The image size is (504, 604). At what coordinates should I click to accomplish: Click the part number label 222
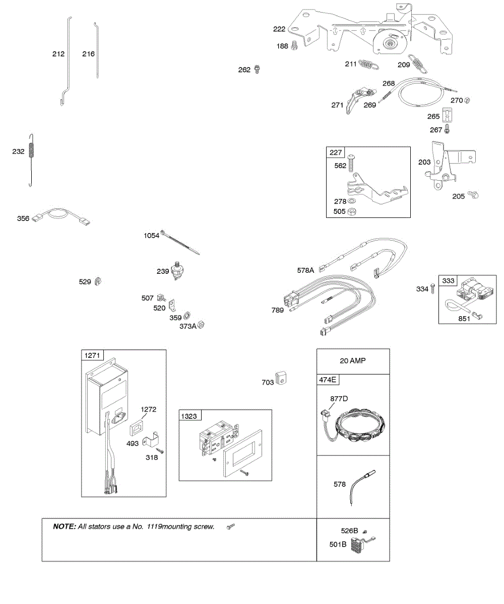click(279, 29)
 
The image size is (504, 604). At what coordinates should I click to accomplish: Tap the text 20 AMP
click(353, 361)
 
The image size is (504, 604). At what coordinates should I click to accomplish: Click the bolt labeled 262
click(257, 69)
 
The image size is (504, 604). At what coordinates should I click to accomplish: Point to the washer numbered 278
click(353, 201)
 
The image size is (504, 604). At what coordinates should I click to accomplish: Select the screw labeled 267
click(447, 129)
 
